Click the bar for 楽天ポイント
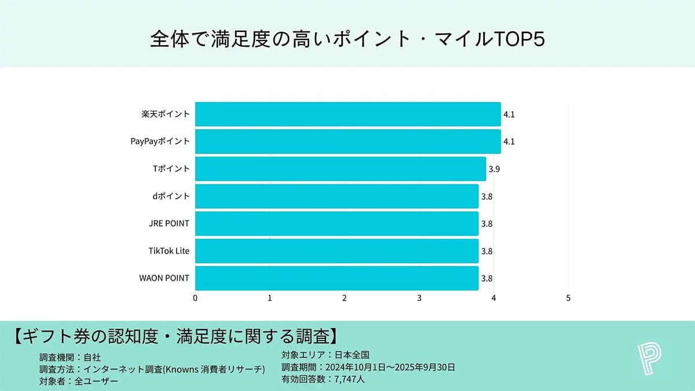348,114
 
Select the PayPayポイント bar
348,141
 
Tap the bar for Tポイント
341,169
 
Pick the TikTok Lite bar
336,251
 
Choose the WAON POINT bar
336,278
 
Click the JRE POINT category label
169,224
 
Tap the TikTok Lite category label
169,251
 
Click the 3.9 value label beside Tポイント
494,169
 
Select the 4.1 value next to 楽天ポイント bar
509,115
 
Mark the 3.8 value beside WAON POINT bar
487,279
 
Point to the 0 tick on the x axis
195,298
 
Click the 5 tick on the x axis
568,298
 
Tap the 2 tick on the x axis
345,298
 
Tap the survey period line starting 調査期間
368,367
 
